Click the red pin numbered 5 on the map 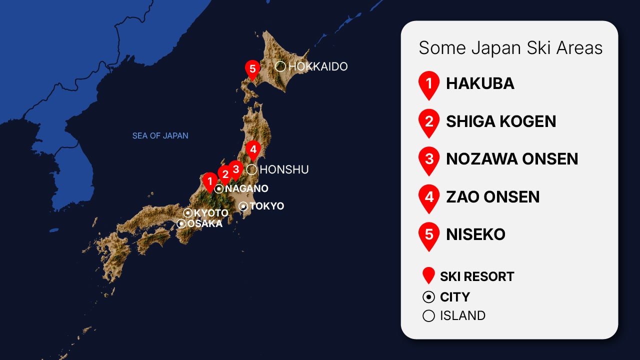coord(252,69)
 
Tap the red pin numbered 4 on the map coord(253,149)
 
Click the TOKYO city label coord(266,206)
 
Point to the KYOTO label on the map coord(210,213)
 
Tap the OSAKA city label coord(204,223)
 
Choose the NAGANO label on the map coord(246,188)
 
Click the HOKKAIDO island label coord(317,66)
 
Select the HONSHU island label coord(284,169)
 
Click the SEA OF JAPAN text coord(160,135)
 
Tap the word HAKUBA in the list coord(480,83)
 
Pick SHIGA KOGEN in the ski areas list coord(501,121)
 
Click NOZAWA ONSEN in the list coord(512,159)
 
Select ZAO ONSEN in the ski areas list coord(492,196)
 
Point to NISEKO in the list coord(475,234)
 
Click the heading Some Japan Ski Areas coord(510,48)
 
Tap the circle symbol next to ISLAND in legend coord(428,316)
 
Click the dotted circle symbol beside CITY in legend coord(428,297)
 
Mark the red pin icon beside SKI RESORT coord(428,275)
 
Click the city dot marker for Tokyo coord(243,206)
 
